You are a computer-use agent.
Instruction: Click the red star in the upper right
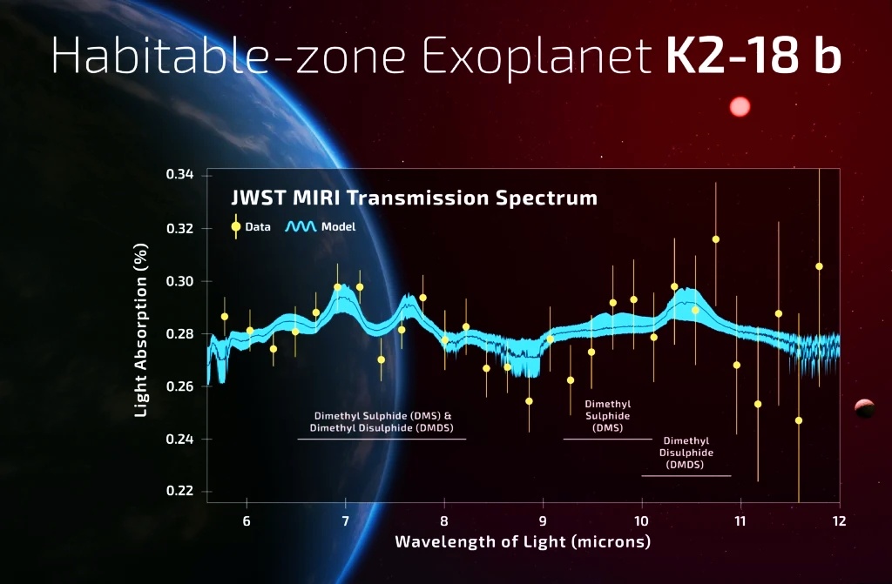click(x=740, y=107)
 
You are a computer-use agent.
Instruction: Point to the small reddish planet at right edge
click(x=864, y=407)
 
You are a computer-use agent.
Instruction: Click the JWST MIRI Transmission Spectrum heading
click(x=413, y=198)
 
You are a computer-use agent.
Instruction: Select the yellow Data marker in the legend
click(x=236, y=226)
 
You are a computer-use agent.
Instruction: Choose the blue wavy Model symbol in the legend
click(x=301, y=226)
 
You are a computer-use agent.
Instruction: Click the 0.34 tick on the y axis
click(x=179, y=176)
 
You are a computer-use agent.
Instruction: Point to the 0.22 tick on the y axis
click(x=179, y=491)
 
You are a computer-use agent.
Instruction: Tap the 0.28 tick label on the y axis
click(x=179, y=333)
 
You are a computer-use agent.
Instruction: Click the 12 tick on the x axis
click(x=839, y=521)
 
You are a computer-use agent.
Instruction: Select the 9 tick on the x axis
click(x=543, y=521)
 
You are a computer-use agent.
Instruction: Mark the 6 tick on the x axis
click(x=247, y=521)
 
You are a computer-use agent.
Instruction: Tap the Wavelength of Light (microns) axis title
click(x=523, y=542)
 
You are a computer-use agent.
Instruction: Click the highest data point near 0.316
click(x=716, y=239)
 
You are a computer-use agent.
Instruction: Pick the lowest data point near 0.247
click(x=799, y=420)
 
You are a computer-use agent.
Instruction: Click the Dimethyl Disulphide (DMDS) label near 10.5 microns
click(x=686, y=453)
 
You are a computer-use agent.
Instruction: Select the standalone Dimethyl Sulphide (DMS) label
click(x=607, y=416)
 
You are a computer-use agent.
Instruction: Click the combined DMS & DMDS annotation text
click(x=383, y=422)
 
